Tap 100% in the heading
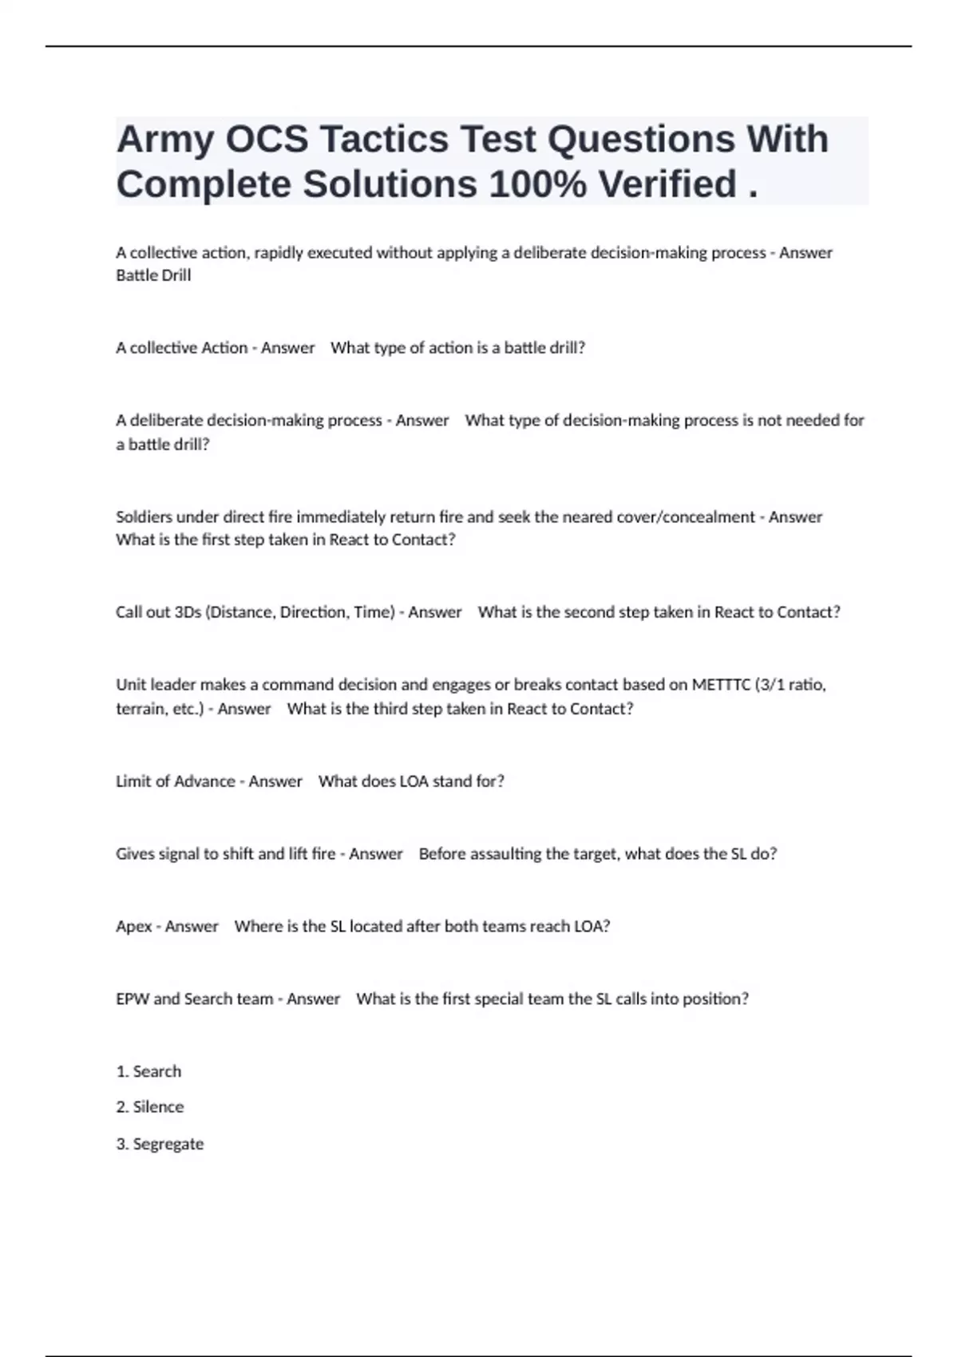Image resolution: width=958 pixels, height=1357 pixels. coord(537,185)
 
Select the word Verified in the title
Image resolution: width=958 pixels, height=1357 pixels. coord(667,185)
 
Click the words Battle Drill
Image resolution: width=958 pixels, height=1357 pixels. coord(153,275)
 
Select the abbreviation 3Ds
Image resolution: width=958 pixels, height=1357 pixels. coord(187,612)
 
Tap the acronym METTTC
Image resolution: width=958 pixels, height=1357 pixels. coord(720,685)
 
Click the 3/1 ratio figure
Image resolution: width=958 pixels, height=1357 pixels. coord(790,685)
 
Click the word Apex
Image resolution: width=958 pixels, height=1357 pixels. coord(133,927)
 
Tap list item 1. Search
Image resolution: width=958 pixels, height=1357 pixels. coord(148,1071)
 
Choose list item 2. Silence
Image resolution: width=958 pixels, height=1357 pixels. coord(150,1107)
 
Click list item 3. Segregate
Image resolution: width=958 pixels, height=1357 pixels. coord(160,1144)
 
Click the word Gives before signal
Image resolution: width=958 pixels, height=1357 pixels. coord(135,854)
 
